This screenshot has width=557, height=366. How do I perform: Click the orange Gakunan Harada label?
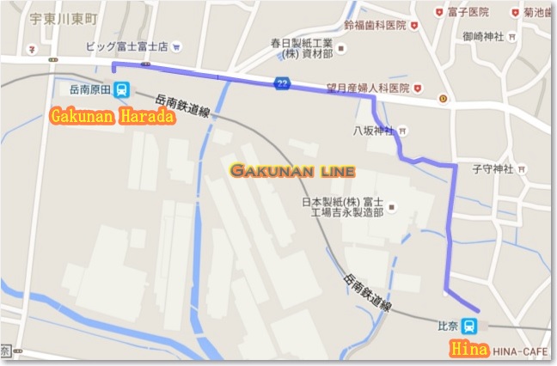[113, 115]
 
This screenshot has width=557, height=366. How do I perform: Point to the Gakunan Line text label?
[292, 172]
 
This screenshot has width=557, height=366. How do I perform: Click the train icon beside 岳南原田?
[123, 88]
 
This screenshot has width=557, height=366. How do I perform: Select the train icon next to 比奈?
[469, 326]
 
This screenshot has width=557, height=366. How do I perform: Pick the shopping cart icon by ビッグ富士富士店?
[176, 46]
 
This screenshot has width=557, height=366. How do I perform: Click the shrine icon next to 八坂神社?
[403, 131]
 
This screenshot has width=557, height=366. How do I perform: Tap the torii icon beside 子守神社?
[521, 168]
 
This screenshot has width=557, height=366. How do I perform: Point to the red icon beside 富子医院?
[439, 12]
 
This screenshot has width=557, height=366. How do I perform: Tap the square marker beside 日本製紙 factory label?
[392, 207]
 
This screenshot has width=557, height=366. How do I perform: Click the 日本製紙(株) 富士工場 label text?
[340, 207]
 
